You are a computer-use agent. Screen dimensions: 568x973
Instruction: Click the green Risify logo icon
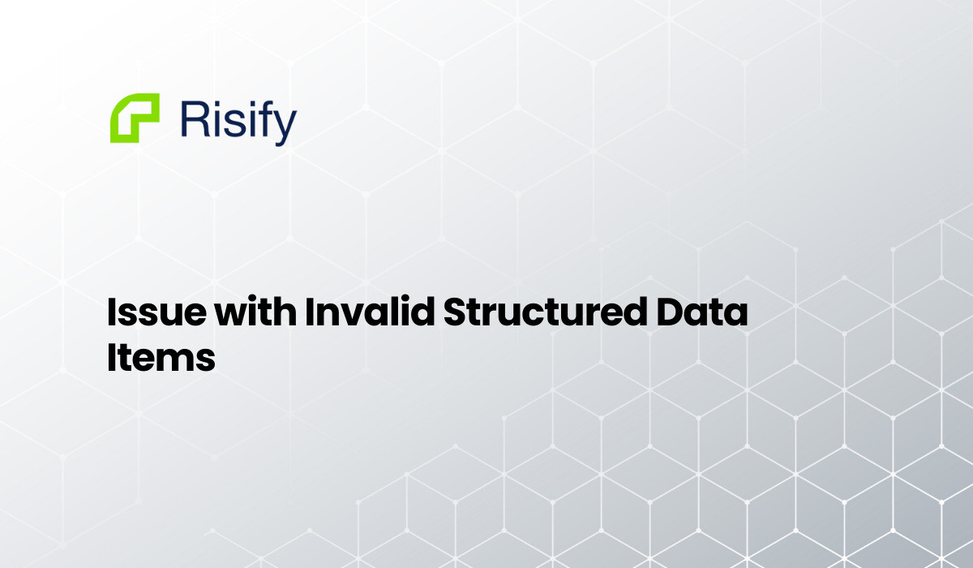pyautogui.click(x=135, y=118)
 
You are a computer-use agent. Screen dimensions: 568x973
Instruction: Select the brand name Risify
pyautogui.click(x=238, y=120)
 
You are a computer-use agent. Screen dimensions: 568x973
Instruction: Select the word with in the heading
pyautogui.click(x=248, y=313)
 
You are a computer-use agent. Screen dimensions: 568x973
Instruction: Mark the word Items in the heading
pyautogui.click(x=161, y=357)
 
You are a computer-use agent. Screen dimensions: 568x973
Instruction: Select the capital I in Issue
pyautogui.click(x=112, y=313)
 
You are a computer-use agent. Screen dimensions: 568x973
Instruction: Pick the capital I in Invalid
pyautogui.click(x=309, y=313)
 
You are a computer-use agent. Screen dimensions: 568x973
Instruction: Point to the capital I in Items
pyautogui.click(x=112, y=357)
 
